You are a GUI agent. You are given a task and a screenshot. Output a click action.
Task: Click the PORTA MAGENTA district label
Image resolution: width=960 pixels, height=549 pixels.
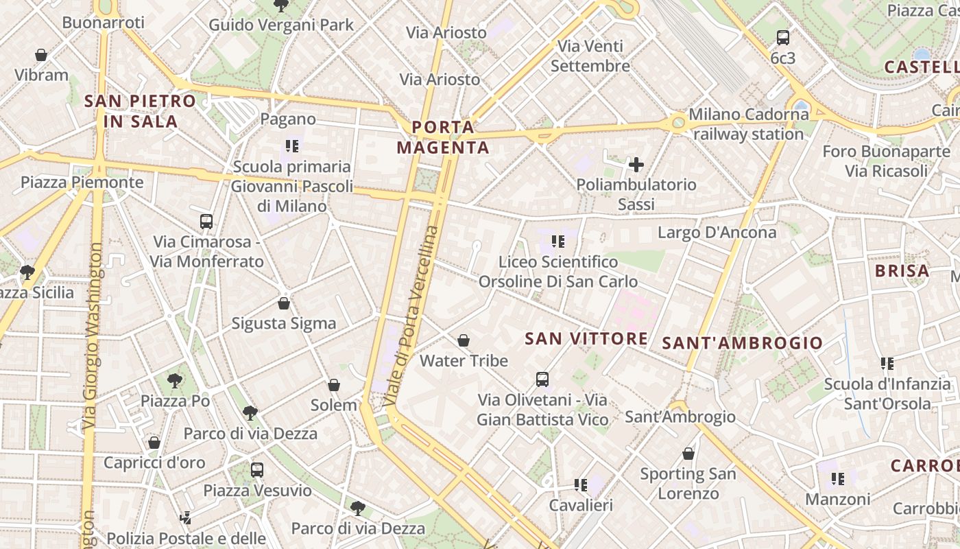pos(443,137)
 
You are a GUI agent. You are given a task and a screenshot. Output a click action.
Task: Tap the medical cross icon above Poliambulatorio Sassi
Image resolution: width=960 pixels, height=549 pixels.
pos(636,165)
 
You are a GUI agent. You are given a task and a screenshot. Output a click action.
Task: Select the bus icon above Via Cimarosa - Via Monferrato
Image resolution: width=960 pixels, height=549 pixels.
pos(206,222)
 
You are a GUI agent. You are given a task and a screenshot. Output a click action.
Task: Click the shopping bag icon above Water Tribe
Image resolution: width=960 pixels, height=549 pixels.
pos(464,340)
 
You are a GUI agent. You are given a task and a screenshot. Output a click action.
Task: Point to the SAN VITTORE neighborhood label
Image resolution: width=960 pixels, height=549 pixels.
pos(586,338)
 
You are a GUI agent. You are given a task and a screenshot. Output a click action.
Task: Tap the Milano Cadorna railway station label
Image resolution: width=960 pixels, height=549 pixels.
pos(748,124)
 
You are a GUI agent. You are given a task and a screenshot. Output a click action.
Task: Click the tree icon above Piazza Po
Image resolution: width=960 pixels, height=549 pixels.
pos(175,380)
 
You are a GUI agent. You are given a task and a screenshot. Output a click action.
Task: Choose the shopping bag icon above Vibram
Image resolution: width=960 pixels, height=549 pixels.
pos(41,55)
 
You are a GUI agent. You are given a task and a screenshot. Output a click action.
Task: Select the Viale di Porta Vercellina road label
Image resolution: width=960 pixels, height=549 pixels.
pos(413,316)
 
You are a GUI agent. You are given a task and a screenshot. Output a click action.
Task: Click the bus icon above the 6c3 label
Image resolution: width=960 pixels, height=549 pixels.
pos(782,38)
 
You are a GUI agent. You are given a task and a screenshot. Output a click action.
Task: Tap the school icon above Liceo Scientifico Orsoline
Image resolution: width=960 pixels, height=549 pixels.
pos(558,242)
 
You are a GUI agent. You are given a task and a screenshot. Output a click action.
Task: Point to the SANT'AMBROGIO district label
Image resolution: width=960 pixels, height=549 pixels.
pos(742,343)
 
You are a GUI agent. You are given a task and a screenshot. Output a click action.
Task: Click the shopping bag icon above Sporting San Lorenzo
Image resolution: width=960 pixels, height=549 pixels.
pos(688,454)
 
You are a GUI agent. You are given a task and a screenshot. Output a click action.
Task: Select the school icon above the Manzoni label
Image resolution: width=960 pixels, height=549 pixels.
pos(837,478)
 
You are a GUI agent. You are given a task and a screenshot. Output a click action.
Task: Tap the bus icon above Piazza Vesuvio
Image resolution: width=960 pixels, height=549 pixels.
pos(257,470)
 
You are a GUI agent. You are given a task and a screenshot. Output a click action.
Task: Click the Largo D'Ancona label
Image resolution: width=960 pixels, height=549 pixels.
pos(717,233)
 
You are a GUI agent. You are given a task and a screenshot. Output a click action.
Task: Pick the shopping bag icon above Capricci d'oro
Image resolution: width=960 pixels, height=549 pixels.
pos(154,443)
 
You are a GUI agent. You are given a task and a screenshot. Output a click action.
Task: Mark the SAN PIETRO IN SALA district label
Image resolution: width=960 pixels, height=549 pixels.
pos(140,111)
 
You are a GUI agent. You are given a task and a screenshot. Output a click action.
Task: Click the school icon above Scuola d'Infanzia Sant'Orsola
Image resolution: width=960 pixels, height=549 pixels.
pos(887,364)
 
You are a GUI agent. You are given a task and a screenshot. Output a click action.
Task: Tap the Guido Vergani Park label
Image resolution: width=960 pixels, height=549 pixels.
pos(281,25)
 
